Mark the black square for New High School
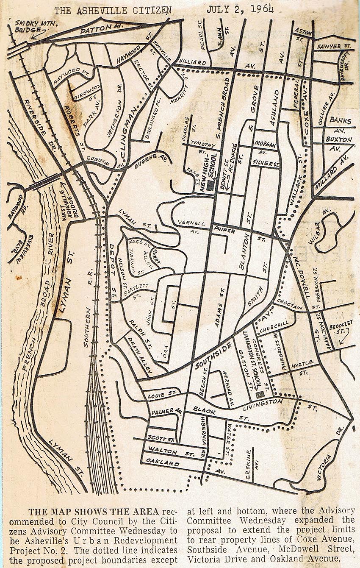[x=210, y=187]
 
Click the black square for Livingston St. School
[x=259, y=395]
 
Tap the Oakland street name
[x=163, y=464]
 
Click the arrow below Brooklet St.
[x=341, y=339]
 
